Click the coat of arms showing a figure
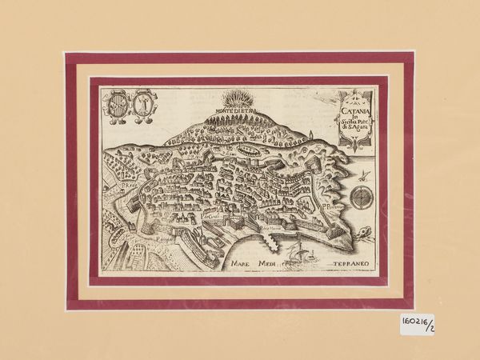142,104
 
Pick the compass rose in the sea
365,198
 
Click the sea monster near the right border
367,233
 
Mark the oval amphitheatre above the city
266,149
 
